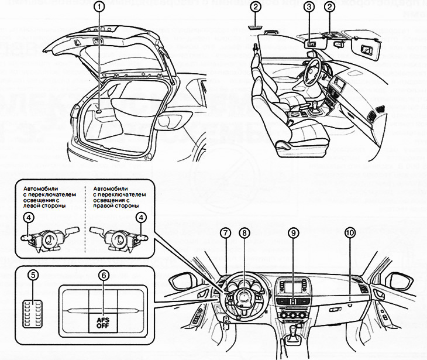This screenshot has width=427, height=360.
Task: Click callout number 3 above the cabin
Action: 309,8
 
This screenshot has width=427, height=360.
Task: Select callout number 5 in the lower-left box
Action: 33,274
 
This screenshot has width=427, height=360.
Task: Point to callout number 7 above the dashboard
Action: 225,232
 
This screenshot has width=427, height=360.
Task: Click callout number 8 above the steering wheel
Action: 245,232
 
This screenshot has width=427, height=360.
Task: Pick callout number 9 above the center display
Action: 293,232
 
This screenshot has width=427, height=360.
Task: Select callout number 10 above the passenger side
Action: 350,232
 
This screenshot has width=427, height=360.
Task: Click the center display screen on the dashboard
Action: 294,286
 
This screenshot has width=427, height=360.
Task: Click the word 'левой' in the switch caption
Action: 33,206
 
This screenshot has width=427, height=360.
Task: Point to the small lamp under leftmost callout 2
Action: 256,26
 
